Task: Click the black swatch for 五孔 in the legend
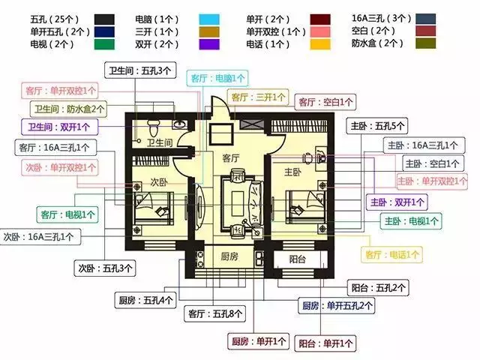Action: pyautogui.click(x=104, y=19)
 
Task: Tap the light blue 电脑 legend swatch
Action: pyautogui.click(x=209, y=19)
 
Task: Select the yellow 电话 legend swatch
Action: pyautogui.click(x=320, y=44)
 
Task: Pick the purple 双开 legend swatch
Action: pyautogui.click(x=209, y=44)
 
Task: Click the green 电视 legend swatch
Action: pyautogui.click(x=104, y=44)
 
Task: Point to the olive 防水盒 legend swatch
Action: pyautogui.click(x=425, y=43)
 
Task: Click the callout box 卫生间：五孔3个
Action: pyautogui.click(x=140, y=70)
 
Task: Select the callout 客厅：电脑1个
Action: pyautogui.click(x=217, y=78)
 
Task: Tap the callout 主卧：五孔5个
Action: pyautogui.click(x=377, y=125)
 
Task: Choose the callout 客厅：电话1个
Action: pyautogui.click(x=391, y=254)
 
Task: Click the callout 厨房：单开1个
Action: pyautogui.click(x=258, y=341)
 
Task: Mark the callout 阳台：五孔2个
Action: pyautogui.click(x=378, y=288)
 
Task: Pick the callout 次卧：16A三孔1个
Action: pyautogui.click(x=40, y=237)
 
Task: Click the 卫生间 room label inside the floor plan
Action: pyautogui.click(x=160, y=142)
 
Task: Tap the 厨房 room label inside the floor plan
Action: pyautogui.click(x=229, y=256)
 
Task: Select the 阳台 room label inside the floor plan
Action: pyautogui.click(x=298, y=259)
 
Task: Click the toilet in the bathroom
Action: pyautogui.click(x=153, y=127)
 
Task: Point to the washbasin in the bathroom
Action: pyautogui.click(x=179, y=124)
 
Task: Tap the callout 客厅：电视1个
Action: pyautogui.click(x=67, y=214)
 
